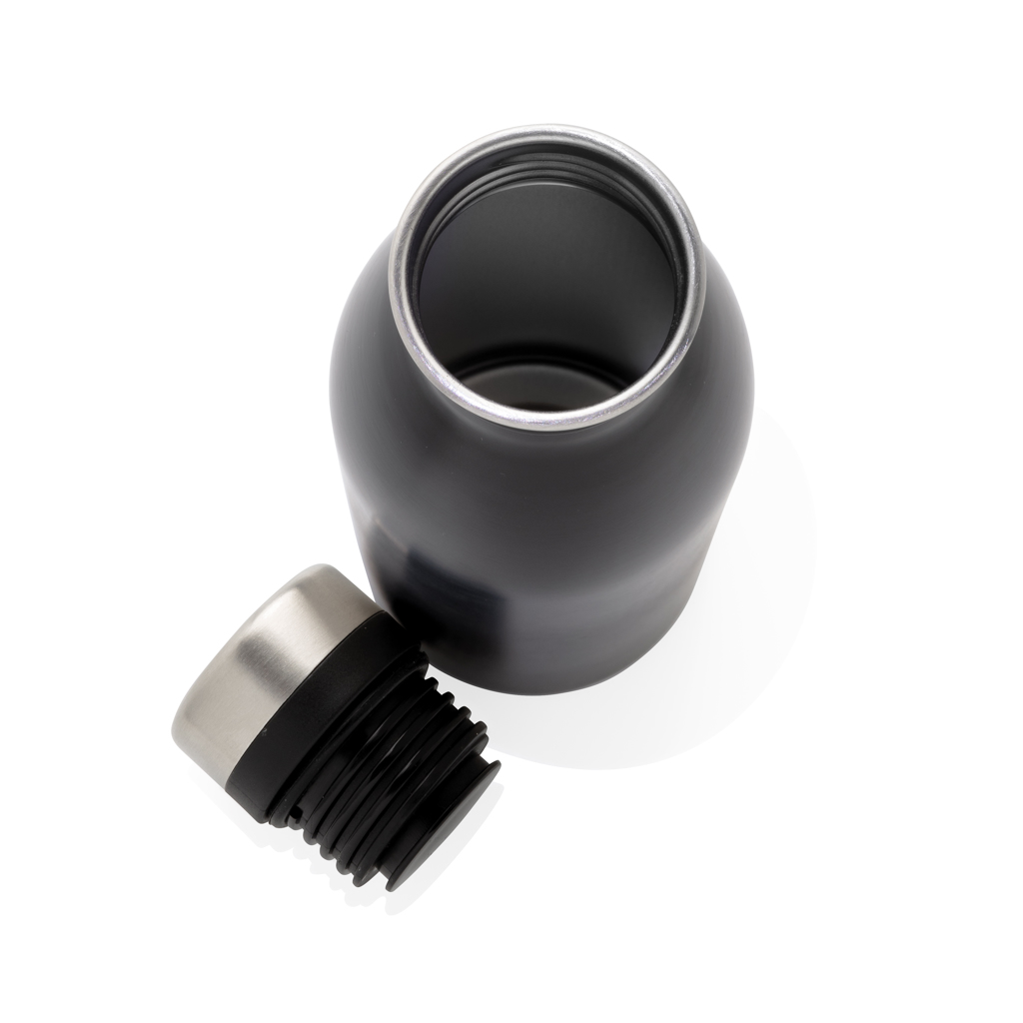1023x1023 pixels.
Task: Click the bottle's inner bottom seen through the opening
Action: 539,385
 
